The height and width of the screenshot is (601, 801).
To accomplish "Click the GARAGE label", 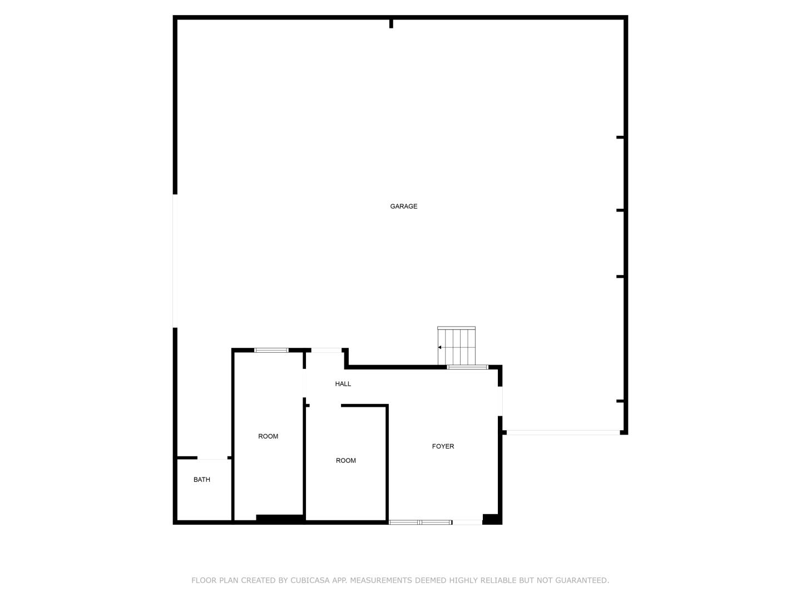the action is (403, 206).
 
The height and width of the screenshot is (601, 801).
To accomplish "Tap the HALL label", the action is (343, 383).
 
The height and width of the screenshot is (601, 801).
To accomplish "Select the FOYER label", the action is (443, 446).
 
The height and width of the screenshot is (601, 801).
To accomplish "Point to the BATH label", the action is (201, 480).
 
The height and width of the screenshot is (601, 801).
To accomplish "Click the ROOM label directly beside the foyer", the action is (345, 461).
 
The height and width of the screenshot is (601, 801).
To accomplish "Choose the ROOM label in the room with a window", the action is (268, 436).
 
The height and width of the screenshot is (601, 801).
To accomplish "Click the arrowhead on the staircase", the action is (440, 347).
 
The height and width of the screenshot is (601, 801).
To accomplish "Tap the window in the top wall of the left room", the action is (271, 351).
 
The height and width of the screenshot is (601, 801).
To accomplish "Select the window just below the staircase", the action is (467, 367).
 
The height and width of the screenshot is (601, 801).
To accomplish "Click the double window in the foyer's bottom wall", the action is (421, 523).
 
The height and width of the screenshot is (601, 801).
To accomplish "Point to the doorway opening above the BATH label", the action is (212, 457).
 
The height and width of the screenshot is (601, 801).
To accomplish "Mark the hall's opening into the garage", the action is (326, 351).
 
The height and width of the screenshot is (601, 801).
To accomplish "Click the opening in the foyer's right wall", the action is (500, 401).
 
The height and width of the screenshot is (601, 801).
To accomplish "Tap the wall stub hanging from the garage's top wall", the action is (391, 24).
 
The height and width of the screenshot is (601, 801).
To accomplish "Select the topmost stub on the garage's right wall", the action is (620, 137).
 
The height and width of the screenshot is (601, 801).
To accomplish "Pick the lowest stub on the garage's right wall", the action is (620, 401).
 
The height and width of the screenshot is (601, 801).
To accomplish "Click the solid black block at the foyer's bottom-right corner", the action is (492, 519).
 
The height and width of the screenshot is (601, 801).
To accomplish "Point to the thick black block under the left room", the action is (280, 518).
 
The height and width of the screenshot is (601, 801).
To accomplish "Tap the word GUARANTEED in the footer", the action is (582, 580).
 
